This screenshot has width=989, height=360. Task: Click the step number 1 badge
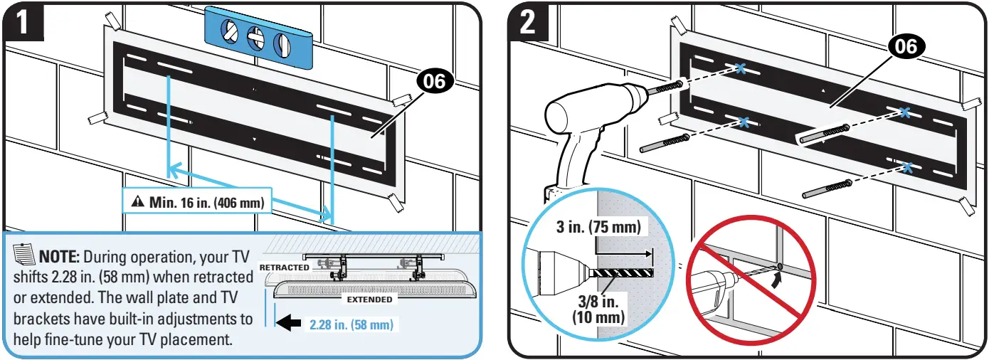[x=23, y=23]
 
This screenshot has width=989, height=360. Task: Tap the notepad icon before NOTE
[x=23, y=253]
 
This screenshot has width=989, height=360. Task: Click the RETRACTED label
[x=285, y=268]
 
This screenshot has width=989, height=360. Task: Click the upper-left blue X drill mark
[x=741, y=69]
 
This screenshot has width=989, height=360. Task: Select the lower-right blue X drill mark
[x=906, y=168]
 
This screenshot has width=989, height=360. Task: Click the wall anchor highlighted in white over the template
[x=823, y=134]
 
